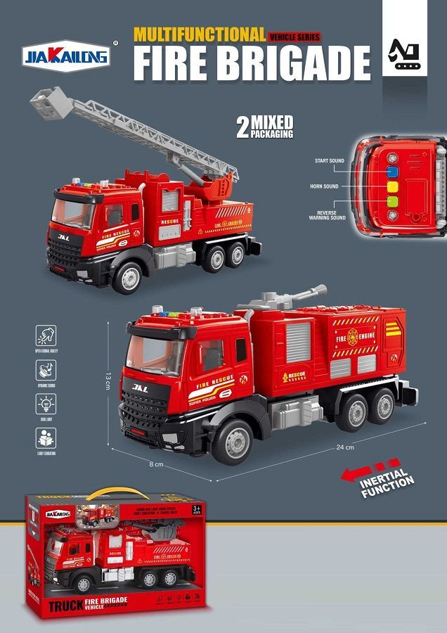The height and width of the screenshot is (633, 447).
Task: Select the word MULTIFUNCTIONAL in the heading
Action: (199, 34)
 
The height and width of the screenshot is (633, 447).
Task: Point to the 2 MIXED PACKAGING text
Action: (264, 127)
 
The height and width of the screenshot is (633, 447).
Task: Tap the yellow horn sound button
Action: (393, 187)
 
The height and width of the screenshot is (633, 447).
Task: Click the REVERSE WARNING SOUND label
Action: (327, 215)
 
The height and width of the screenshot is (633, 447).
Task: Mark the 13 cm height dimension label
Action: (108, 382)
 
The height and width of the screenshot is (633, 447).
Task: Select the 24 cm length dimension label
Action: (345, 447)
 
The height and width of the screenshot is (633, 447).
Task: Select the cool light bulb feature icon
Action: (46, 404)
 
